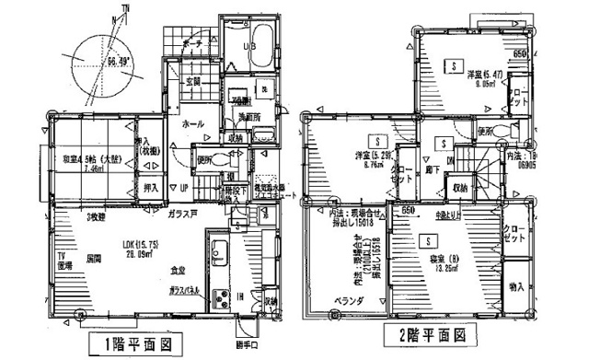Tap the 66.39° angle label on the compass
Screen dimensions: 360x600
point(119,63)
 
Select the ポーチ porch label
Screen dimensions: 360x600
point(192,43)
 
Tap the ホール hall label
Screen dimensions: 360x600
point(193,123)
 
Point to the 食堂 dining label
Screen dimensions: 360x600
point(178,270)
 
